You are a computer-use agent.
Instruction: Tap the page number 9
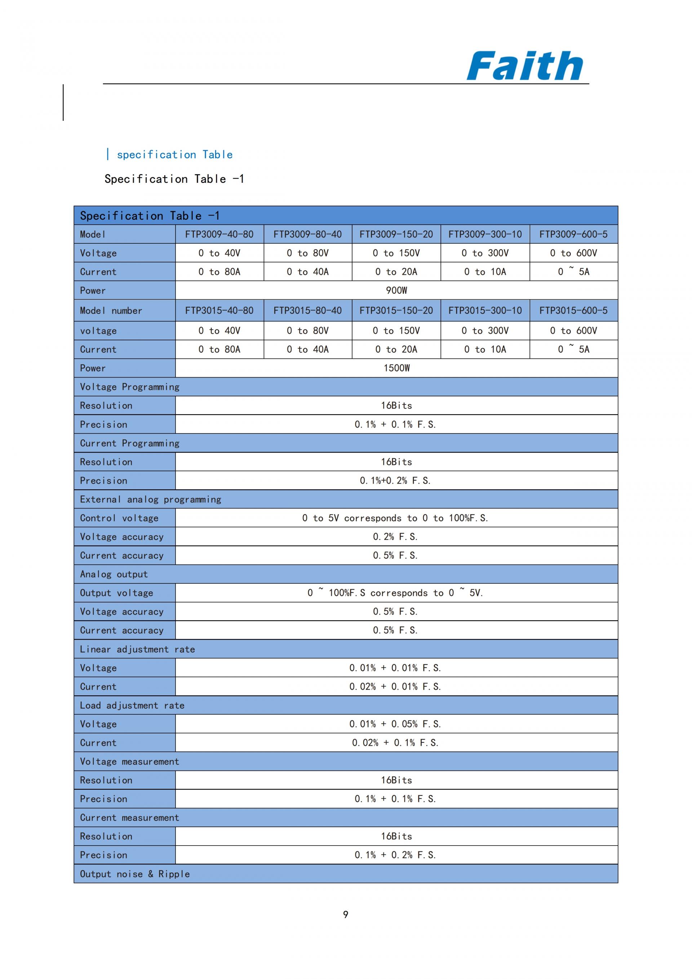tap(346, 914)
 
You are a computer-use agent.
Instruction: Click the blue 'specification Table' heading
tap(175, 154)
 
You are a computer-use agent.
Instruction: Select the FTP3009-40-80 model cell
tap(219, 234)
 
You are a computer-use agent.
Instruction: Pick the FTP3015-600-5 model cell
tap(573, 310)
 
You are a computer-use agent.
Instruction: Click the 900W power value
tap(396, 290)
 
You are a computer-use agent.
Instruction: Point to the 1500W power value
tap(396, 368)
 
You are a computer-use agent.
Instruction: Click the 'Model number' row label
tap(111, 310)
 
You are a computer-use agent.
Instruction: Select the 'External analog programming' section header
tap(150, 499)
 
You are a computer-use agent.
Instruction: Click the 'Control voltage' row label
tap(119, 518)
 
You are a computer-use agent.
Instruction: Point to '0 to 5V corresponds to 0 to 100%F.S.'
tap(395, 518)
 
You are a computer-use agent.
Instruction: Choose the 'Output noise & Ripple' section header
tap(135, 874)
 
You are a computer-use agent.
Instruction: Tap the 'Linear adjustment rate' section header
tap(137, 649)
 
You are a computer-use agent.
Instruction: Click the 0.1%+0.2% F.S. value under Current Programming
tap(395, 481)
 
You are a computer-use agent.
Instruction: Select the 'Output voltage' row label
tap(116, 593)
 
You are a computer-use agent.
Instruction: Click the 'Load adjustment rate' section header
tap(132, 705)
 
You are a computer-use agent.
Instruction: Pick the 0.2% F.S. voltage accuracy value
tap(395, 537)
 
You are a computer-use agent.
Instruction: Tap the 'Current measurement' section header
tap(129, 817)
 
